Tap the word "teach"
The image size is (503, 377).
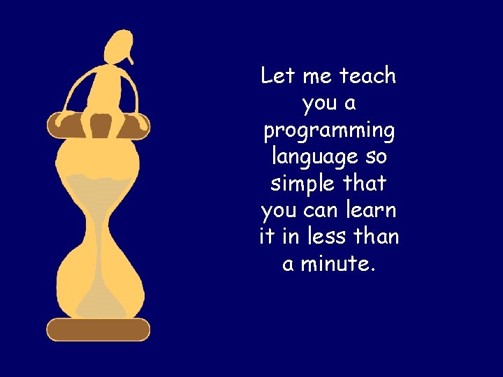click(x=367, y=75)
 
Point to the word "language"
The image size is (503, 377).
click(x=314, y=157)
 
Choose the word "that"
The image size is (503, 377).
click(x=364, y=183)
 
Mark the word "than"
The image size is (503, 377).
click(x=376, y=236)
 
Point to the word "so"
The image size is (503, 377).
click(x=375, y=156)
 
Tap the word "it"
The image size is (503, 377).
click(x=266, y=236)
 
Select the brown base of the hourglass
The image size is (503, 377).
click(x=99, y=329)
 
